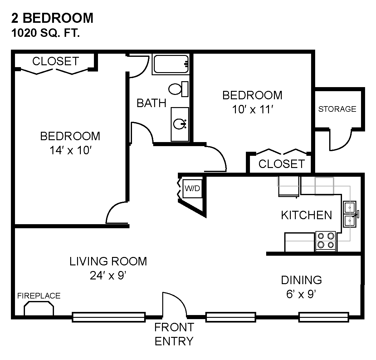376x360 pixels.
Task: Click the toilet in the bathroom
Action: pos(178,89)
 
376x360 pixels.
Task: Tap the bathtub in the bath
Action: pos(171,64)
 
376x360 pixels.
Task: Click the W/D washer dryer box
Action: pos(193,189)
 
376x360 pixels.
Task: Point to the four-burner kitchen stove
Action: pos(325,241)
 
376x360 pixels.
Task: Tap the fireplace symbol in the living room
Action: pos(39,308)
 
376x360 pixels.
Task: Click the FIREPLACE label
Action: pos(39,296)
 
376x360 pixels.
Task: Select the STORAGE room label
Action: pos(337,109)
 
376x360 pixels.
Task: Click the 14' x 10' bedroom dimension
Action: pos(71,150)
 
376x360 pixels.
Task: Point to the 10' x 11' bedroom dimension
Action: pos(252,109)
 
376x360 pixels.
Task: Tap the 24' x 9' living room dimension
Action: pos(108,275)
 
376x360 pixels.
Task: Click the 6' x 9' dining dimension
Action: pos(301,294)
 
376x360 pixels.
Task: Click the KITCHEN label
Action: pos(306,215)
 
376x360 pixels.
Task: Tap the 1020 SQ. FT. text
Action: pos(46,33)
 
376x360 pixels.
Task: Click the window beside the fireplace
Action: pos(109,317)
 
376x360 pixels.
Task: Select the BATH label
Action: pos(151,103)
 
